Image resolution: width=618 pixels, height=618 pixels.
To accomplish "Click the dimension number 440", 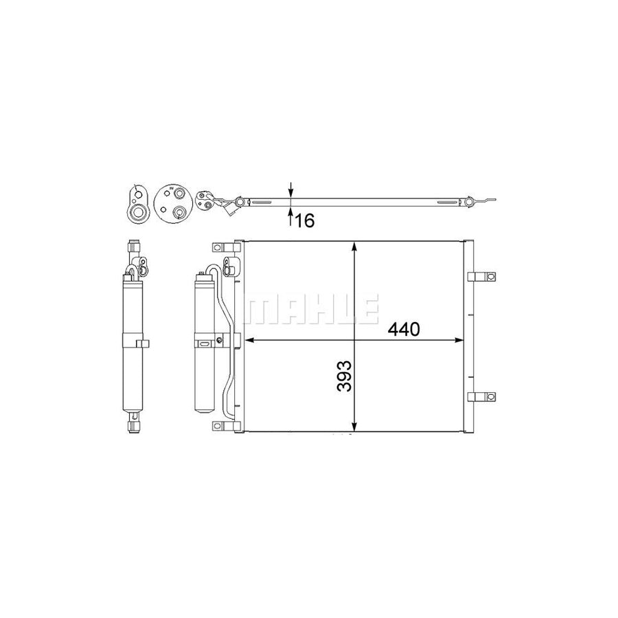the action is pyautogui.click(x=404, y=330).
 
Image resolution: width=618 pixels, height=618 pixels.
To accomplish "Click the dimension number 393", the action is pyautogui.click(x=345, y=376).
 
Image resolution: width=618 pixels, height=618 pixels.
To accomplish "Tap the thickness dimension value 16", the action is pyautogui.click(x=305, y=221).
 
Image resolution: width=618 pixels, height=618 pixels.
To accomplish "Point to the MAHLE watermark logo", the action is pyautogui.click(x=311, y=309).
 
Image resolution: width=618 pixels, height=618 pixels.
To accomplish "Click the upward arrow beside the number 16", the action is pyautogui.click(x=291, y=217).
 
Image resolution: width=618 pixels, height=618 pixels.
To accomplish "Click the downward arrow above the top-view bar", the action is pyautogui.click(x=291, y=190).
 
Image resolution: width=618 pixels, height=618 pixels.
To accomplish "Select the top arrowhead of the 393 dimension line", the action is pyautogui.click(x=355, y=247).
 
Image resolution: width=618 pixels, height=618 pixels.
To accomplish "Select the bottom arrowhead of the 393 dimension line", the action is pyautogui.click(x=355, y=426).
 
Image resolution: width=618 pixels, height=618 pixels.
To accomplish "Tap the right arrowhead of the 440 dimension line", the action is pyautogui.click(x=459, y=340).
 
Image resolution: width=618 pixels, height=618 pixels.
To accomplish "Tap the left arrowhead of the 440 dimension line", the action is pyautogui.click(x=251, y=340).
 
